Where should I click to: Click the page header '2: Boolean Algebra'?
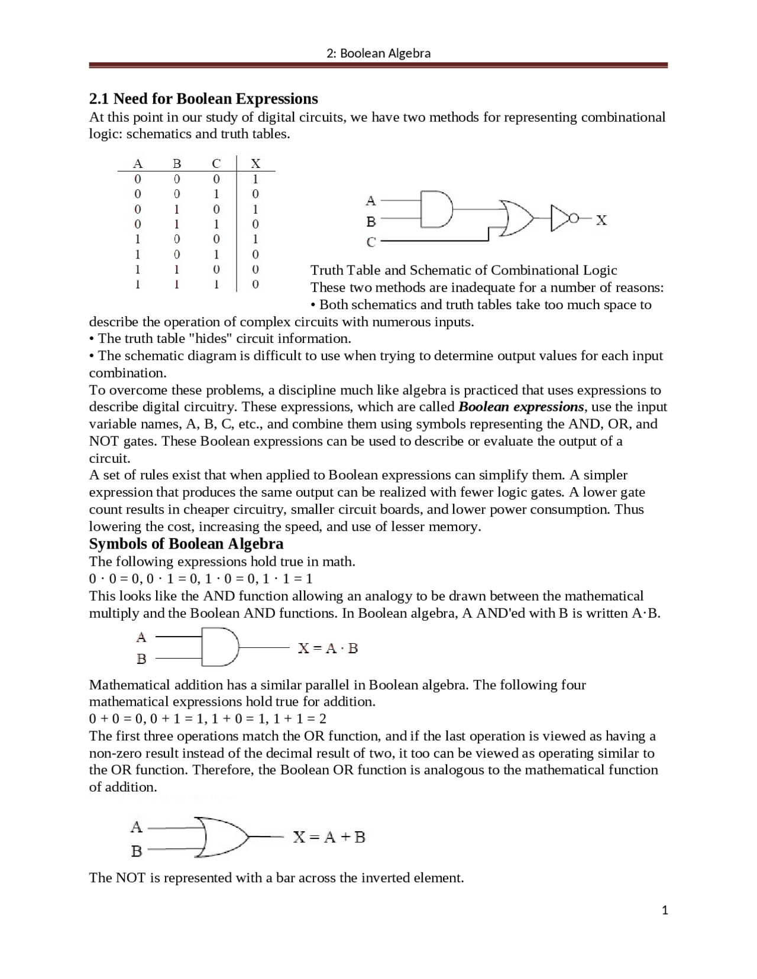coord(378,53)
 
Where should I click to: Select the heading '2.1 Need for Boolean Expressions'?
coord(203,98)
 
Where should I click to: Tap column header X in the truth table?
coord(255,163)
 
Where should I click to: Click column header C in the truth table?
coord(216,163)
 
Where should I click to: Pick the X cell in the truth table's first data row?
coord(255,179)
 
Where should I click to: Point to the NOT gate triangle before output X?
coord(559,219)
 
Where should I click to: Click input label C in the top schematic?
coord(371,242)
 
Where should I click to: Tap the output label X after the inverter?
coord(601,220)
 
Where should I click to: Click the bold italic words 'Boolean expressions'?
coord(521,407)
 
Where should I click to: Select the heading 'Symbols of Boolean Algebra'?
coord(186,544)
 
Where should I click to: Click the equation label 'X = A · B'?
coord(328,648)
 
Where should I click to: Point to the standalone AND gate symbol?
coord(219,647)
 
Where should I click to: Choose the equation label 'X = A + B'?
coord(329,837)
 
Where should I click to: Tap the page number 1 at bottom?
coord(665,910)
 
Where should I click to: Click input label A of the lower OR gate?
coord(137,826)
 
